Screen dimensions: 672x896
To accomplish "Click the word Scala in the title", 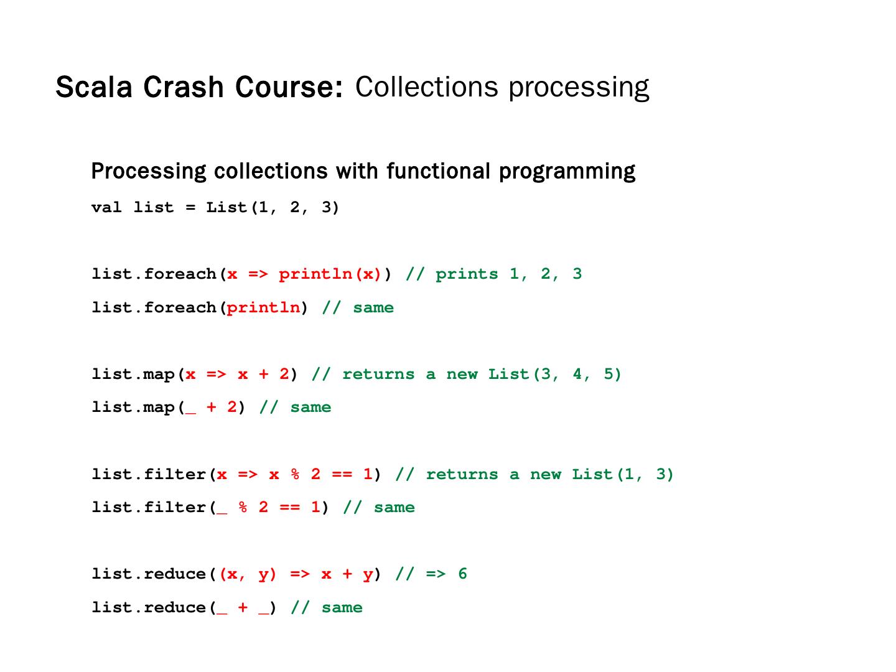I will (x=94, y=87).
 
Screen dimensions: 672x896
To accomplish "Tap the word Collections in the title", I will (x=426, y=87).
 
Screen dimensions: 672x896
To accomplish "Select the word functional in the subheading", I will (x=439, y=171).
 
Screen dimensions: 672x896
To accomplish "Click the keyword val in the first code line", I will (x=106, y=207).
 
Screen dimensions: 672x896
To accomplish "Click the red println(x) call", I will (x=330, y=274).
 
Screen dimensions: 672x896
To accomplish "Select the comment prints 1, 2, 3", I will (x=508, y=274).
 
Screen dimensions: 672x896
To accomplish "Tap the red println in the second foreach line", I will (x=263, y=308).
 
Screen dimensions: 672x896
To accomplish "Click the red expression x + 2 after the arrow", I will (x=263, y=375).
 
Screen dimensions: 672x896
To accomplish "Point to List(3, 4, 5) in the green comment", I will (x=554, y=375).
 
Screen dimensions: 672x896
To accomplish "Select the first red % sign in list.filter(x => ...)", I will (x=295, y=475).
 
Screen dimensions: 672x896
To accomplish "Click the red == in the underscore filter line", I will (x=289, y=508).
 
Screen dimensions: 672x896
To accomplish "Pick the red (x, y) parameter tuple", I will (x=248, y=574).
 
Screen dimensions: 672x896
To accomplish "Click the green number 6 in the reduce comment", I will (x=462, y=574).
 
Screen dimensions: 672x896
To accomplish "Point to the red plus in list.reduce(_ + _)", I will (x=243, y=608).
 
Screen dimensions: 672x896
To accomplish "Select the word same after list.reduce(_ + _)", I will (x=342, y=608).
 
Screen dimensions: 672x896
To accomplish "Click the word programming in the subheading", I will (x=567, y=171).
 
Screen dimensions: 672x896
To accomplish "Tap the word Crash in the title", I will (x=184, y=87).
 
